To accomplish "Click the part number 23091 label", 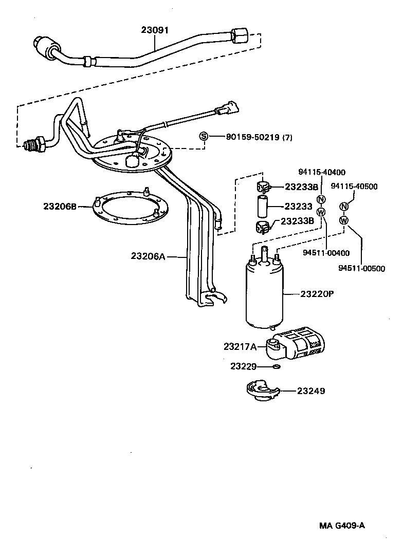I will [x=155, y=30].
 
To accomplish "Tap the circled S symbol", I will [x=204, y=136].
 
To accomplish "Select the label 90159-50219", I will [x=252, y=137].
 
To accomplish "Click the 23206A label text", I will [x=148, y=255].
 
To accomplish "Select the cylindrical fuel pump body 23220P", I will [x=264, y=295].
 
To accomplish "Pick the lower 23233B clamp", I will [x=262, y=226].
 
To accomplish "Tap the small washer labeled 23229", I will [x=277, y=366].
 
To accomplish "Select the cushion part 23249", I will [x=263, y=390].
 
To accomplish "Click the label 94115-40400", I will [x=322, y=172].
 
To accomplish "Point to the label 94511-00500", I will [x=361, y=268].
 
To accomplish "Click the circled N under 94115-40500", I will [x=344, y=207].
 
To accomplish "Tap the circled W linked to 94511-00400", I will [x=321, y=212].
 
